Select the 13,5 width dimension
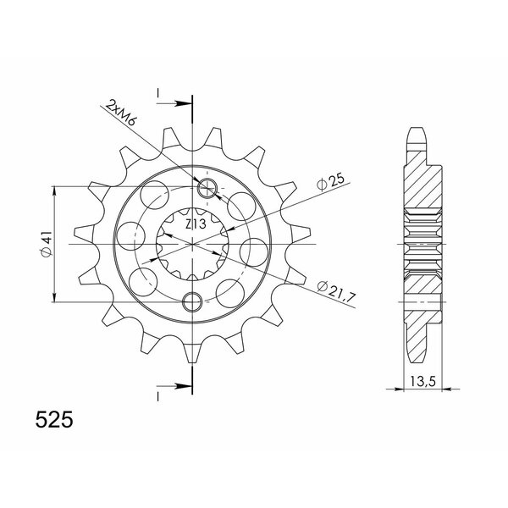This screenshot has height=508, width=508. click(x=417, y=380)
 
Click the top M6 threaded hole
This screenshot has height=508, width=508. click(x=208, y=188)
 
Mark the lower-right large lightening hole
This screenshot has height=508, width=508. click(x=230, y=291)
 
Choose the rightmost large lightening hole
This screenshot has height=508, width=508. click(x=254, y=252)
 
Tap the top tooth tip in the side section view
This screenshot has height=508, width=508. click(x=417, y=133)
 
